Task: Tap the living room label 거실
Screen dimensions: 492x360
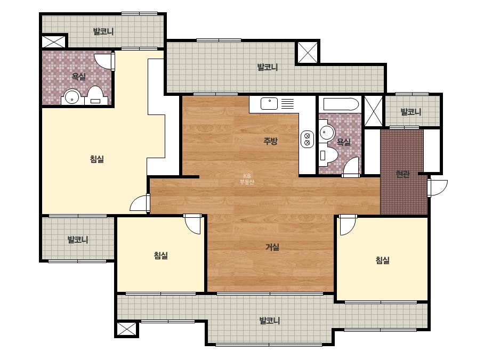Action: [x=272, y=247]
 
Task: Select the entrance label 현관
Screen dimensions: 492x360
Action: [x=402, y=174]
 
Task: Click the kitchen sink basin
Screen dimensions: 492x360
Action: [x=269, y=103]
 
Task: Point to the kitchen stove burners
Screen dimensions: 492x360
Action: [x=307, y=139]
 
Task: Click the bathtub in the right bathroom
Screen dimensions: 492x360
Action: [x=341, y=104]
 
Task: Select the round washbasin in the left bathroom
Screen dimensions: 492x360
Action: [x=72, y=97]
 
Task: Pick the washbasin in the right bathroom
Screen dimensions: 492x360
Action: [x=327, y=133]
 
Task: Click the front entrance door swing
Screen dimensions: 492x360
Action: [x=438, y=188]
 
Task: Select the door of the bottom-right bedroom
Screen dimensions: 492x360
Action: [x=348, y=225]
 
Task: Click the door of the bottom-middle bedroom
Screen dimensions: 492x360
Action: [x=192, y=224]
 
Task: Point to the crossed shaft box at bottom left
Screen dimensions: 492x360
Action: [x=126, y=329]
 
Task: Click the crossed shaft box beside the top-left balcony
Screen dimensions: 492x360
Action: [x=54, y=42]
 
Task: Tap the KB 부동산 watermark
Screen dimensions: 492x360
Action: [x=247, y=179]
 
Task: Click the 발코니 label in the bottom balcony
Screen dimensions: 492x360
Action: [x=270, y=321]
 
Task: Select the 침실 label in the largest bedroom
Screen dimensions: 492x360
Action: [x=96, y=159]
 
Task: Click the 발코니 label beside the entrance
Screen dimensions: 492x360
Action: [x=411, y=112]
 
